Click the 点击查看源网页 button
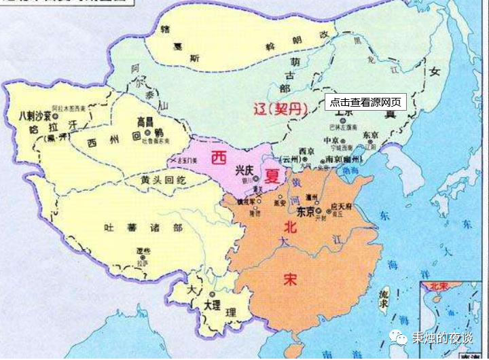point(365,102)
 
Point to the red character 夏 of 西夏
point(272,177)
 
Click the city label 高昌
point(145,122)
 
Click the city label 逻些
point(142,251)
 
